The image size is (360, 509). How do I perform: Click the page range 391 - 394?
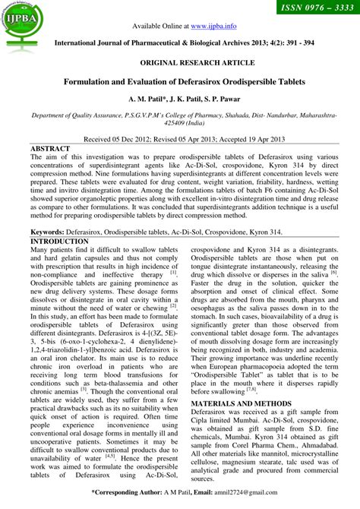click(295, 44)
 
